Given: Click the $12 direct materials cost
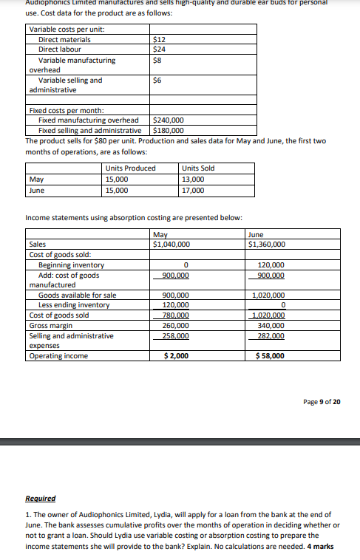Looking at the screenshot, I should click(157, 40).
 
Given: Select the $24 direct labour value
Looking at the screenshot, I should click(157, 49).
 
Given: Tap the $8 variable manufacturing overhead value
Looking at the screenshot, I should click(156, 60).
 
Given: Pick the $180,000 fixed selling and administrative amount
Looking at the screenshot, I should click(168, 130).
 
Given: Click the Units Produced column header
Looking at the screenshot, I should click(131, 168).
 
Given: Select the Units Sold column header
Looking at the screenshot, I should click(198, 168).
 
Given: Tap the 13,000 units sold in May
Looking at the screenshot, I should click(194, 179).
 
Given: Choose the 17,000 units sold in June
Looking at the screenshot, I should click(194, 190).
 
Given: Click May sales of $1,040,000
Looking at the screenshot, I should click(171, 245).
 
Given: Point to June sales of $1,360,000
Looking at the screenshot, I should click(267, 245).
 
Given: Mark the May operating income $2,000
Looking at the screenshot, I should click(176, 356).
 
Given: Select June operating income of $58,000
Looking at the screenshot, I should click(269, 356).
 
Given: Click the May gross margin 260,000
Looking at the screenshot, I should click(175, 326).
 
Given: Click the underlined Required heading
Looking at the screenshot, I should click(41, 499).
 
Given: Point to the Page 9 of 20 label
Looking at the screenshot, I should click(322, 403).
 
